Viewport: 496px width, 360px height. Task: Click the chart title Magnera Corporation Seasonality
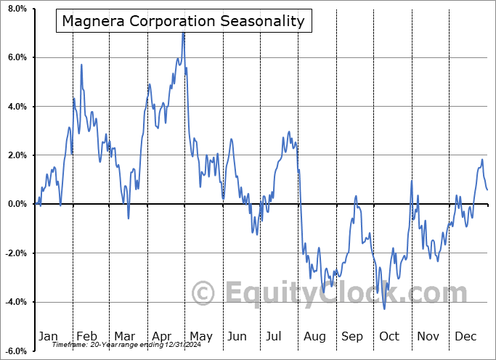click(183, 21)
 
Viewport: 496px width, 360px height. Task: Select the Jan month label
click(48, 336)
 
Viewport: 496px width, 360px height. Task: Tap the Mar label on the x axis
click(123, 336)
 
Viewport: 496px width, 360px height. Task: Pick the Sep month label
click(351, 336)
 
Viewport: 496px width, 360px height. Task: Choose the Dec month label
click(465, 336)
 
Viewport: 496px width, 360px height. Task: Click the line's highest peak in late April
click(184, 33)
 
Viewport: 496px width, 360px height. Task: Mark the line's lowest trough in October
click(384, 308)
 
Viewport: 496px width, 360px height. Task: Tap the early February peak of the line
click(81, 65)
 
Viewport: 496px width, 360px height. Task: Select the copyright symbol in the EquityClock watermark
click(203, 293)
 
